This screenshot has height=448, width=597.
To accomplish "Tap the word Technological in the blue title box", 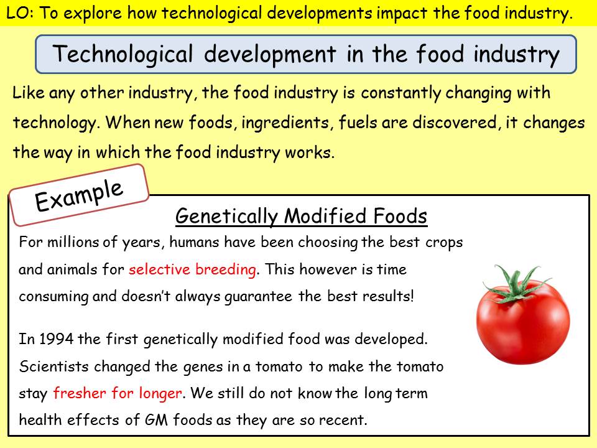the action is coord(123,54).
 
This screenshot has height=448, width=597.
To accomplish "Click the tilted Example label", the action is coord(79,195).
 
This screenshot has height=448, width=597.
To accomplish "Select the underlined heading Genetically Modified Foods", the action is coord(301,217).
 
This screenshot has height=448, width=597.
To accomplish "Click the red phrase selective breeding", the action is coord(192,269).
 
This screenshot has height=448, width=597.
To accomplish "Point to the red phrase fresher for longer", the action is coord(118,393).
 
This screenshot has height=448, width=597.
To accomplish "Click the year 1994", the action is coord(57,339).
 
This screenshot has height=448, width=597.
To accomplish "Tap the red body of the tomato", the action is coord(523,325).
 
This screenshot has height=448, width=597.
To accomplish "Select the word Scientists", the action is coord(53,366).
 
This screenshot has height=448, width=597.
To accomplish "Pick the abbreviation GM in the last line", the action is coord(156,420).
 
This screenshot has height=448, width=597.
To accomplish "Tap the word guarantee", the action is coord(258,297).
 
